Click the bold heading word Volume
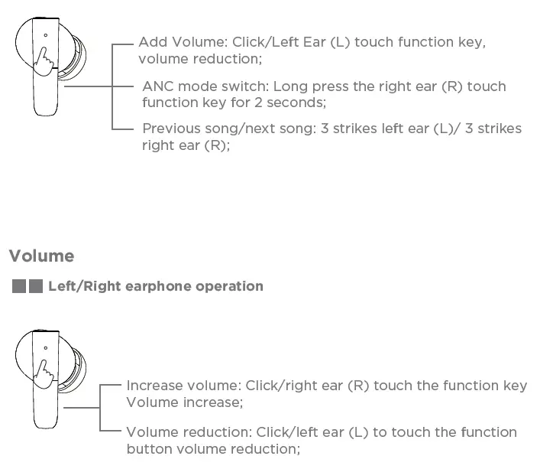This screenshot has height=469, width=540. coord(41,256)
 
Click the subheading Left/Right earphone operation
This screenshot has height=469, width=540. coord(155,286)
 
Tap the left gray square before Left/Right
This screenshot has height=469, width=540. coord(20,287)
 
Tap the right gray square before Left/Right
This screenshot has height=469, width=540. coord(35,287)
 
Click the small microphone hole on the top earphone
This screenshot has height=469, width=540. coord(45,34)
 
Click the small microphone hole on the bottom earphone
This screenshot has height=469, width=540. coord(45,347)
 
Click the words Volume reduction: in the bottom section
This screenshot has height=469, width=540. coord(189,432)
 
